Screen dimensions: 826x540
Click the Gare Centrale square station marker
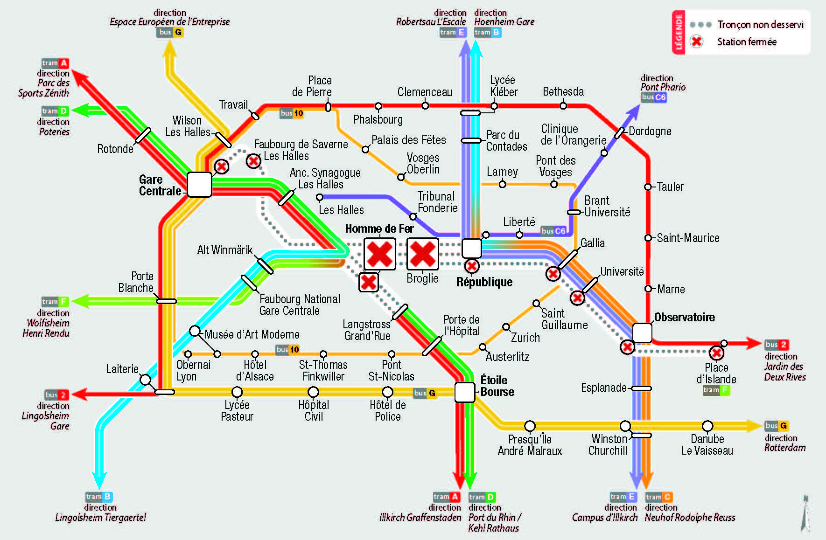pos(199,185)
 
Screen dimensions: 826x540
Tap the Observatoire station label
pos(684,317)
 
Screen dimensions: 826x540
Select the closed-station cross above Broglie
pos(423,254)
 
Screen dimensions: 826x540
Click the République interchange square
pos(471,248)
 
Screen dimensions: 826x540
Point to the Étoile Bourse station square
pos(464,392)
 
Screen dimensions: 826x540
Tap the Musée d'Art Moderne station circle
pos(195,331)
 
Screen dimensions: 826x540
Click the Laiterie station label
pos(122,369)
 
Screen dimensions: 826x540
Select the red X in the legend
pos(696,42)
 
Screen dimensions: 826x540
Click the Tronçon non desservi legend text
pos(761,24)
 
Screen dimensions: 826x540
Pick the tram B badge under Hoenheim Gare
pos(488,32)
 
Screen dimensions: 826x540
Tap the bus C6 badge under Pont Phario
pos(654,97)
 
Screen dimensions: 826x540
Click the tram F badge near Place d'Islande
pos(716,390)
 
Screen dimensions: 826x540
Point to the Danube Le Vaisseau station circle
pos(707,426)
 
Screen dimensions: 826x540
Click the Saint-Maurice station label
pos(688,238)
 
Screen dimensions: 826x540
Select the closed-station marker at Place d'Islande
pos(716,353)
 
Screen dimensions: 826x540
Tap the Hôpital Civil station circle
pos(313,392)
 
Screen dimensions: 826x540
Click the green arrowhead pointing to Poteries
pos(79,111)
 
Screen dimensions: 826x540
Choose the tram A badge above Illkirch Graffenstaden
pos(447,497)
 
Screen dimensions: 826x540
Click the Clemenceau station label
pos(425,92)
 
